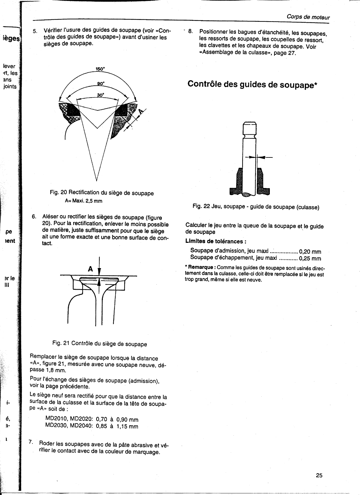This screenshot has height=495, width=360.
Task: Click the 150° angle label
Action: point(100,69)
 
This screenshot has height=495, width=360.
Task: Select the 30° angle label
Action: point(100,95)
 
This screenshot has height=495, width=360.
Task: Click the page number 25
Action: point(319,475)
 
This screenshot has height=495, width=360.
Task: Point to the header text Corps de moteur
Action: point(308,17)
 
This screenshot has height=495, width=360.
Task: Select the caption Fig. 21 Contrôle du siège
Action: point(100,344)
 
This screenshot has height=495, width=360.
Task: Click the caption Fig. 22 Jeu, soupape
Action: point(256,207)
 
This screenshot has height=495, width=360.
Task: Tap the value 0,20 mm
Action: point(310,252)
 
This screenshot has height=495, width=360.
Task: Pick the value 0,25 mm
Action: point(310,259)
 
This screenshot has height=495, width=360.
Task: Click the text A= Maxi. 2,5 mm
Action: point(83,201)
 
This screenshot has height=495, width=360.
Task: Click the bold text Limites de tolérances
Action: point(215,241)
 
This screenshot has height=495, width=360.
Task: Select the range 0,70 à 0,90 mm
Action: point(117,420)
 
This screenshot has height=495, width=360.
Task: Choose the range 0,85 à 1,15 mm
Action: point(117,427)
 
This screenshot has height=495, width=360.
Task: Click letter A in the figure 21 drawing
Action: point(90,269)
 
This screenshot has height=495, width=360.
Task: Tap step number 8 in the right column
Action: point(190,31)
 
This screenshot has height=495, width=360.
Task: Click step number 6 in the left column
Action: point(34,217)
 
